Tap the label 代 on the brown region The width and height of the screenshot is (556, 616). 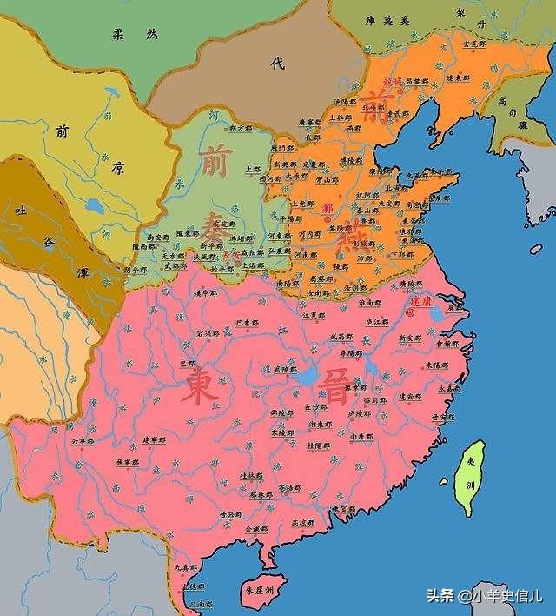[277, 63]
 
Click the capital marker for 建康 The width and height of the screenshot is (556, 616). [410, 311]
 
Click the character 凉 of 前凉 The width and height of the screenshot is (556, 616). [117, 171]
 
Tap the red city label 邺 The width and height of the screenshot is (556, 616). [327, 208]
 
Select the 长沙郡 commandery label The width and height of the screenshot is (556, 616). [317, 406]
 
